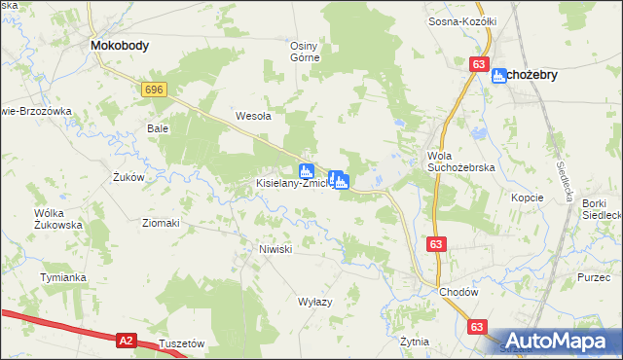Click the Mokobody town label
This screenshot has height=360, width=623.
[119, 45]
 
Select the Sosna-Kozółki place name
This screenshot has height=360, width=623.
[462, 20]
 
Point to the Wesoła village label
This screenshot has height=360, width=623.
[253, 116]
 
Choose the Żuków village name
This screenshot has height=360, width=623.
[128, 177]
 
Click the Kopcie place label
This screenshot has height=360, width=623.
[527, 197]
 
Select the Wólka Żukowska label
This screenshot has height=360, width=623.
[58, 218]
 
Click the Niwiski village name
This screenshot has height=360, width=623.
[275, 249]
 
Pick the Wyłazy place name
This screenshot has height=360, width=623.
[314, 302]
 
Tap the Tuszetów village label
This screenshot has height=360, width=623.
[181, 343]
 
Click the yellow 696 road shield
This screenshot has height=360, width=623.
[153, 90]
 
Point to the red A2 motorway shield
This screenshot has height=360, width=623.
[126, 340]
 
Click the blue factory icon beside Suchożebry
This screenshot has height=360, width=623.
[499, 75]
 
